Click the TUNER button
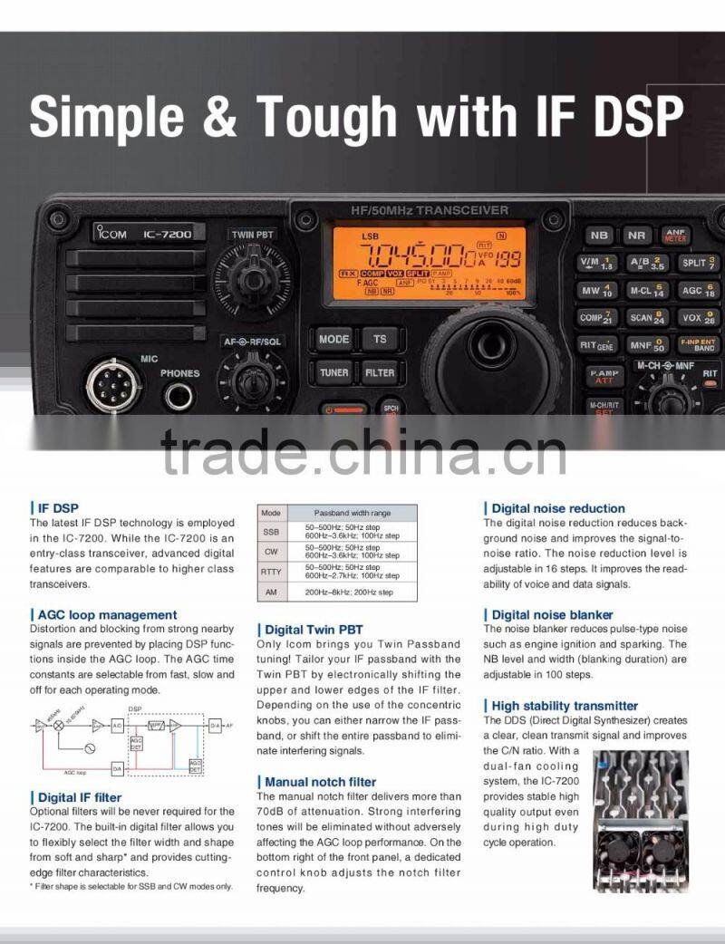tap(333, 372)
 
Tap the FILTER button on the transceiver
tap(380, 372)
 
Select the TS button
tap(380, 339)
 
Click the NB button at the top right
tap(599, 236)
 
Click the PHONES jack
tap(179, 396)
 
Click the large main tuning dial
tap(490, 347)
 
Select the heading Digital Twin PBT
tap(314, 630)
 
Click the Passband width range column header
tap(353, 513)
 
